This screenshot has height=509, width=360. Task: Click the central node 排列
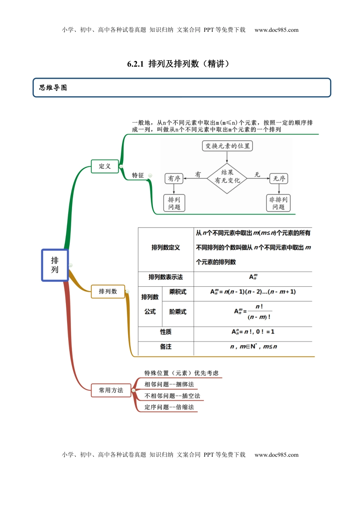coord(55,265)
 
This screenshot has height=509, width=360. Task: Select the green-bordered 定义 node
coord(105,166)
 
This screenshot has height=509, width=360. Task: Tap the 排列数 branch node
coord(108,291)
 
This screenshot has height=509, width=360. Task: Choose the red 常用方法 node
coord(111,390)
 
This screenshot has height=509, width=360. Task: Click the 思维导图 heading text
coord(53,88)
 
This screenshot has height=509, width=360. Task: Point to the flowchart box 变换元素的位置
coord(227,146)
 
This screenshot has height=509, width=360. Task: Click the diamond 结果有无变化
coord(227,176)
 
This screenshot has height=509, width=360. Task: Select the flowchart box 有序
coord(174,178)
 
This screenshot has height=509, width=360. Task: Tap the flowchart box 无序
coord(279,178)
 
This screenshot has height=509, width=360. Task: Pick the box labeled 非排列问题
coord(278,203)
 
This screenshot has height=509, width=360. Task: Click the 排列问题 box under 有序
coord(174,203)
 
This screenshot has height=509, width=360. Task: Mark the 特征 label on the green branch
coord(138,175)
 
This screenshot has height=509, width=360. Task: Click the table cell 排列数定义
coord(166,248)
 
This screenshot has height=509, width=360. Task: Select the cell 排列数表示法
coord(166,277)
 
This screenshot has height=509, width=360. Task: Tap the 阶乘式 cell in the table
coord(178,312)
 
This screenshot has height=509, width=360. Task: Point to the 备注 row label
coord(166,347)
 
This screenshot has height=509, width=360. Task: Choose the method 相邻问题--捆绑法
coord(169,384)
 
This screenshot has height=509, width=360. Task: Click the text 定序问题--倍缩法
coord(169,407)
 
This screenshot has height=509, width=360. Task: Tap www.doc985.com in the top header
coord(276,30)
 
